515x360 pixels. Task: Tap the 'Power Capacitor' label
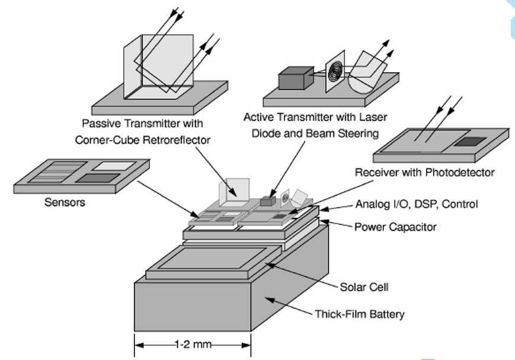395,227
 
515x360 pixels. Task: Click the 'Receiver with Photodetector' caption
424,172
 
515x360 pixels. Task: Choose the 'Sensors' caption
65,202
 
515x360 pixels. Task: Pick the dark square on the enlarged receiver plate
472,142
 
